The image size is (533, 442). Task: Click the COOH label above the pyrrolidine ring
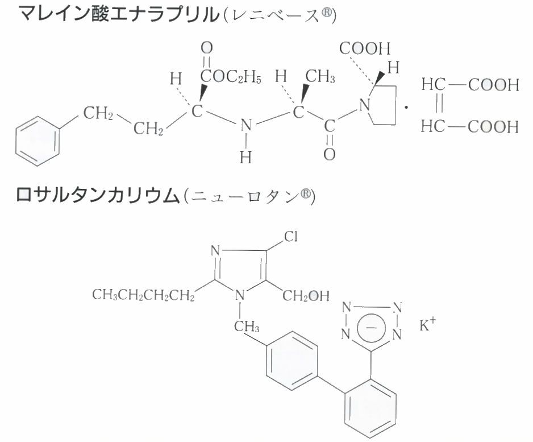pyautogui.click(x=365, y=48)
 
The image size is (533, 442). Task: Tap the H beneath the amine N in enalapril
pyautogui.click(x=245, y=158)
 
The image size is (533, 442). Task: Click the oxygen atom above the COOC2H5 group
pyautogui.click(x=206, y=47)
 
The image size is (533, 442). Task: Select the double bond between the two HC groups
pyautogui.click(x=438, y=106)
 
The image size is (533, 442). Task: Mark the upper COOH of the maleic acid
pyautogui.click(x=493, y=86)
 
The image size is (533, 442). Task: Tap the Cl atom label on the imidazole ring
pyautogui.click(x=290, y=235)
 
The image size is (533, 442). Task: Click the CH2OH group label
pyautogui.click(x=306, y=296)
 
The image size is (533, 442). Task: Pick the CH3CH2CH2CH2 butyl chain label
pyautogui.click(x=143, y=296)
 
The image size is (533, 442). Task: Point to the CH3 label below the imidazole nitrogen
pyautogui.click(x=246, y=328)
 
